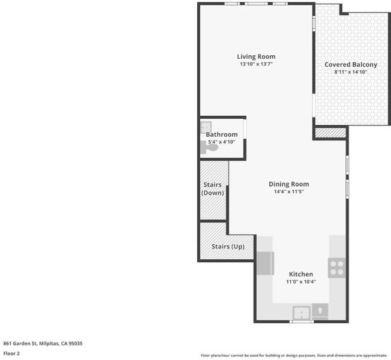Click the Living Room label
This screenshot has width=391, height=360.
256,57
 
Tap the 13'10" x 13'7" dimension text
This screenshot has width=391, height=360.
256,64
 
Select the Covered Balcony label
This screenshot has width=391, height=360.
351,65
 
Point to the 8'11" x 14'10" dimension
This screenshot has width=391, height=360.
351,72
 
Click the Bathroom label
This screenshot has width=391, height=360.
221,134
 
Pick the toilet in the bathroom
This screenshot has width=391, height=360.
209,147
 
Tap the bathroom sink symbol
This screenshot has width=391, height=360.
206,127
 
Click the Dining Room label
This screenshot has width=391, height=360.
289,184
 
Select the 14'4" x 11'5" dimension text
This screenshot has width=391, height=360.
289,191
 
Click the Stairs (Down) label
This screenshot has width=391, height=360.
212,189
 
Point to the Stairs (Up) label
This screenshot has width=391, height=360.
228,247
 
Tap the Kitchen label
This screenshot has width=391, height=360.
300,274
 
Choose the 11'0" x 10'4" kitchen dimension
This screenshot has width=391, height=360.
300,281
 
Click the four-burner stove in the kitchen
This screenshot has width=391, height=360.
337,268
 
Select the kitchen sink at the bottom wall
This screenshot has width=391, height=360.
302,313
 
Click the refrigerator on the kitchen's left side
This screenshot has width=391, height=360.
265,263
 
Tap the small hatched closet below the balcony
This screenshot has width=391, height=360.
330,133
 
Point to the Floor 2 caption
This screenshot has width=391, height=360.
11,353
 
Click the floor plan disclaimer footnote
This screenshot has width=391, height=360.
294,355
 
